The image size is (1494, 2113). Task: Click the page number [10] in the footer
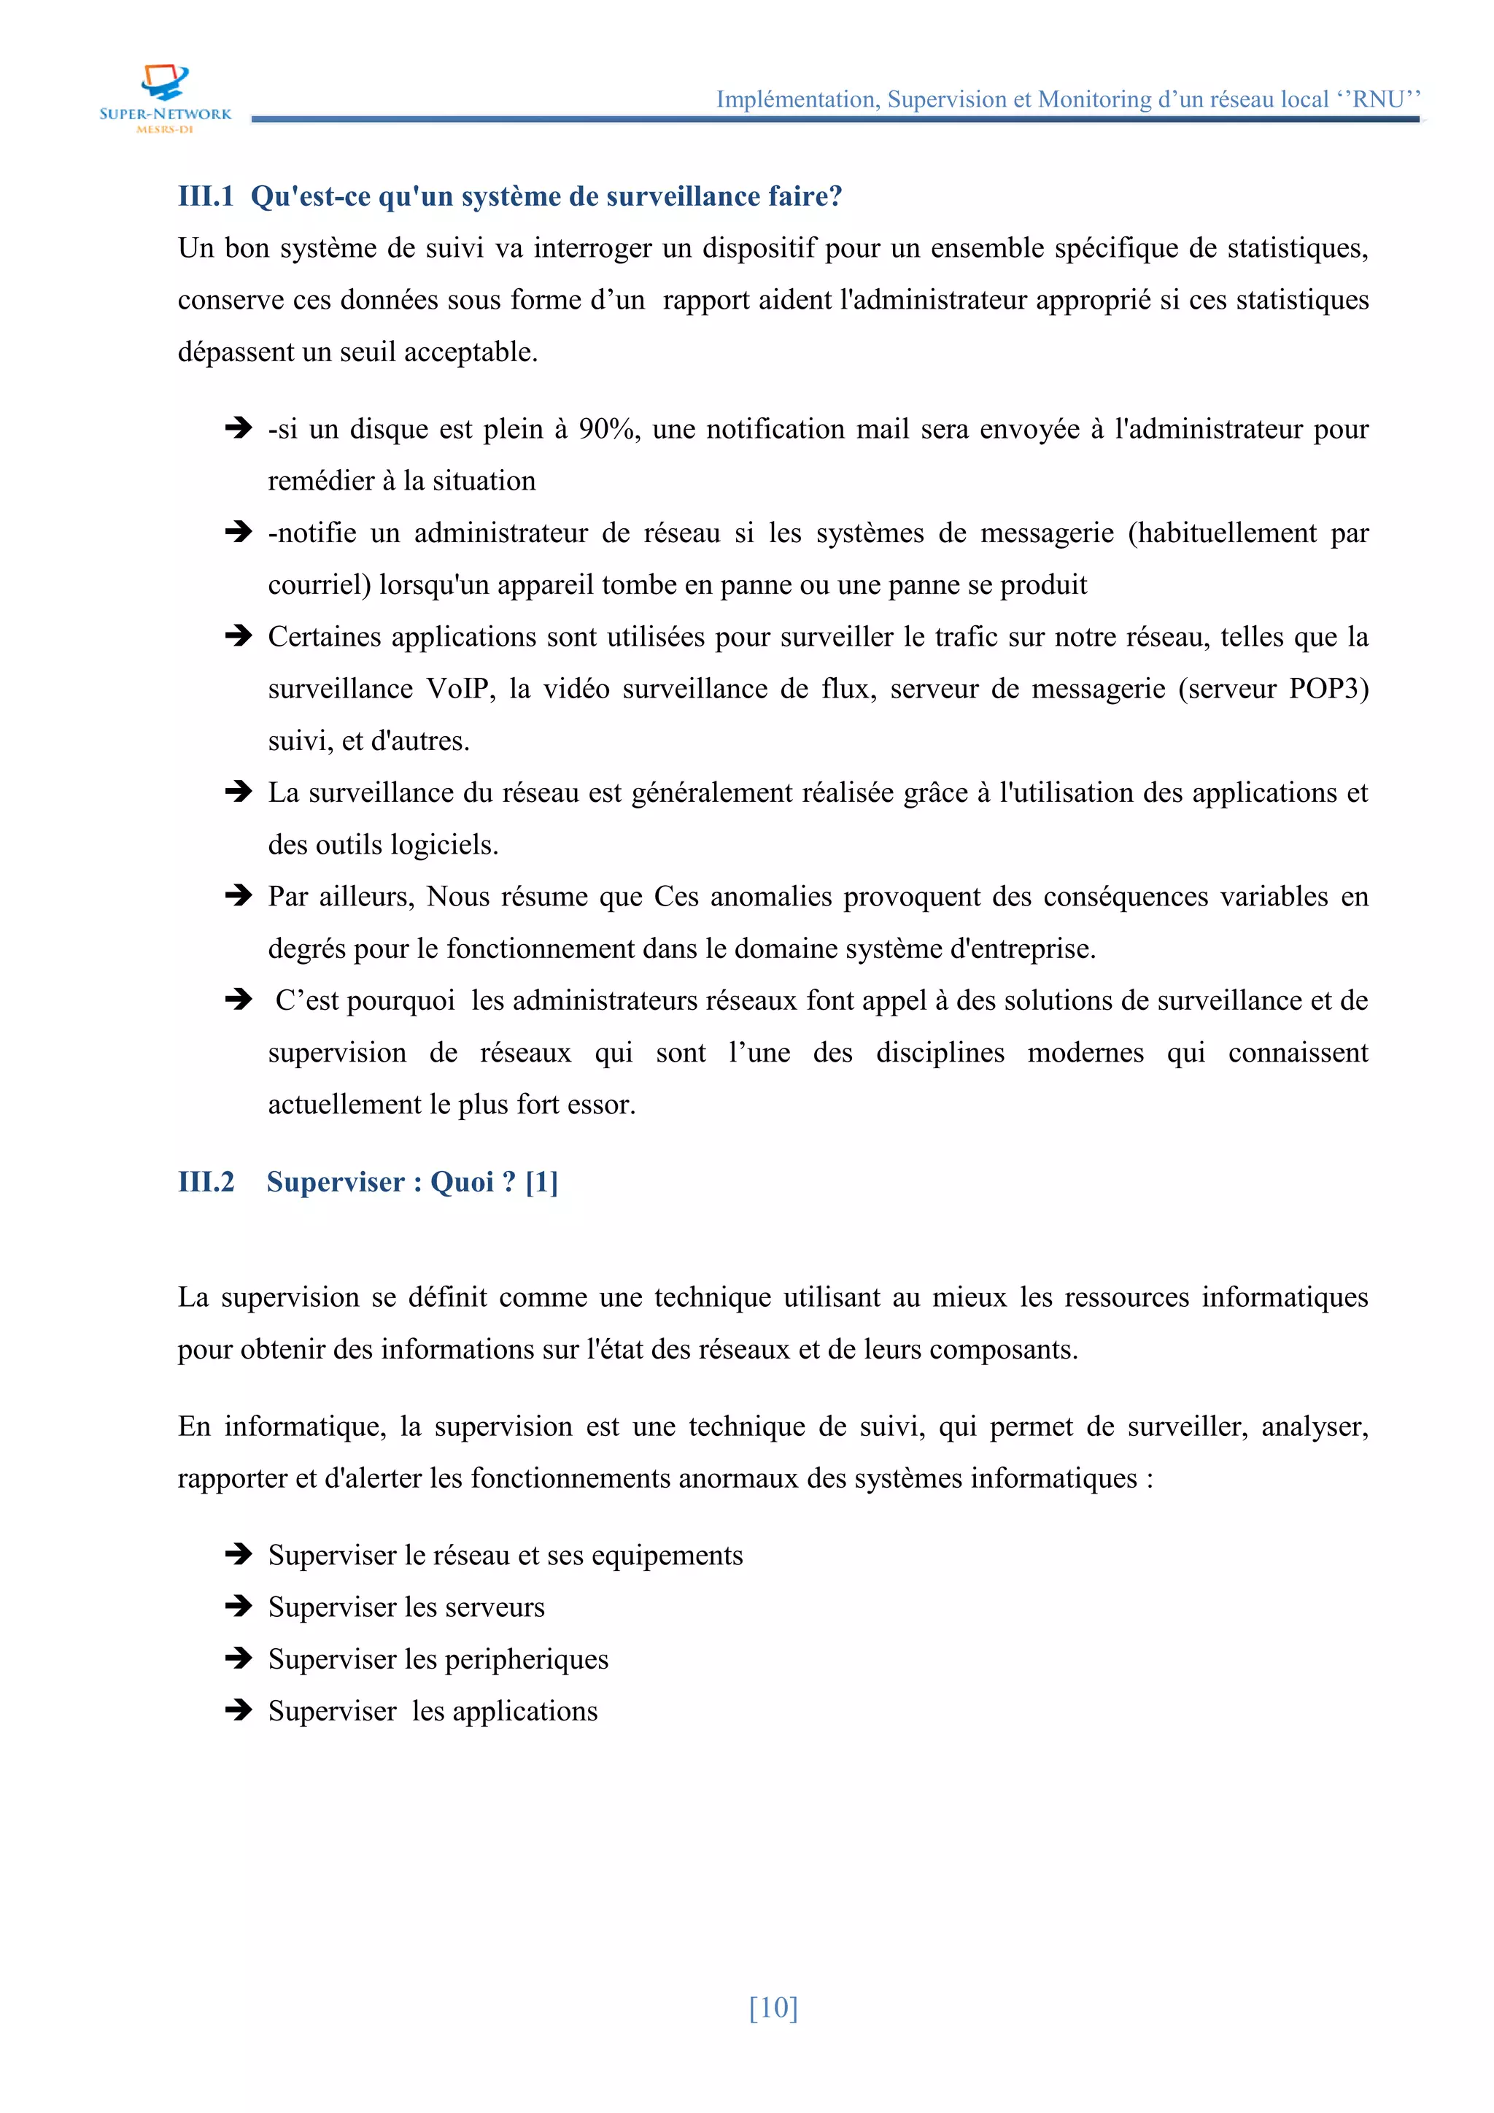tap(773, 2006)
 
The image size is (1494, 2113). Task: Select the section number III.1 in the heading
tap(205, 196)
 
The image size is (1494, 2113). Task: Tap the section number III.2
tap(206, 1182)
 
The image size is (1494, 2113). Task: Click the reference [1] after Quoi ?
tap(542, 1182)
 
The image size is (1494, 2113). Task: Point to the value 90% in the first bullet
tap(608, 429)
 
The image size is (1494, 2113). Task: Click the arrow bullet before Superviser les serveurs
tap(239, 1607)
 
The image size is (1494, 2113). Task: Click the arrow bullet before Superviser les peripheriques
tap(239, 1658)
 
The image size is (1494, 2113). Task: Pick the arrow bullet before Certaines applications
tap(239, 636)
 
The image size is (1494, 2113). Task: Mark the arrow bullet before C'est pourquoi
tap(239, 1000)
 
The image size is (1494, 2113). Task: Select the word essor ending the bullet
tap(605, 1105)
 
